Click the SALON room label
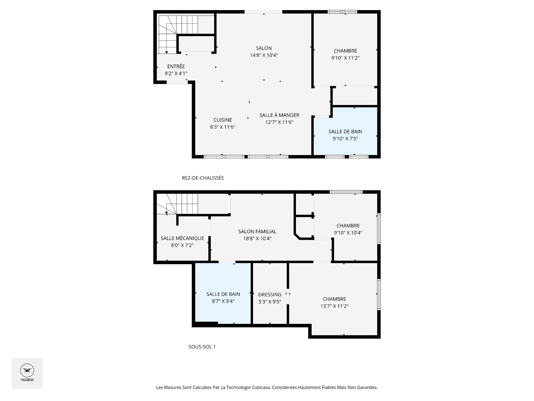pyautogui.click(x=264, y=48)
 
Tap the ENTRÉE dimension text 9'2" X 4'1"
pyautogui.click(x=176, y=74)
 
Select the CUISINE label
pyautogui.click(x=222, y=120)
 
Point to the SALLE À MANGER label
pyautogui.click(x=279, y=115)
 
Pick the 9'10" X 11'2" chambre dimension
pyautogui.click(x=345, y=58)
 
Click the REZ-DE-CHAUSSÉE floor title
pyautogui.click(x=203, y=178)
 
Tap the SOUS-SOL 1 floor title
pyautogui.click(x=202, y=347)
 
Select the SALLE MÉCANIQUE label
pyautogui.click(x=182, y=238)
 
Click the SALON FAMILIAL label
pyautogui.click(x=257, y=231)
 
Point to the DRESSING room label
pyautogui.click(x=270, y=295)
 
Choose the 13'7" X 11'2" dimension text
pyautogui.click(x=334, y=306)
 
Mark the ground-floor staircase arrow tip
pyautogui.click(x=167, y=52)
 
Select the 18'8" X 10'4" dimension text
pyautogui.click(x=257, y=239)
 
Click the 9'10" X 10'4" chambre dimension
pyautogui.click(x=348, y=233)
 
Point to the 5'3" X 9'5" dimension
pyautogui.click(x=270, y=302)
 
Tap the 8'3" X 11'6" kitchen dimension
pyautogui.click(x=222, y=127)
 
